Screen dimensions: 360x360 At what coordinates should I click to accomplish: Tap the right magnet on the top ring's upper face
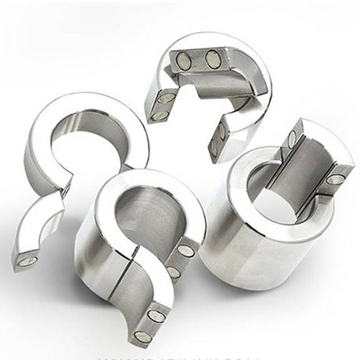point(213,58)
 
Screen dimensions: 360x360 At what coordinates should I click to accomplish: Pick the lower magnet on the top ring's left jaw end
point(158,115)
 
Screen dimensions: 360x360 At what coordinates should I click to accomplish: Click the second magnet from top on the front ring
point(174,272)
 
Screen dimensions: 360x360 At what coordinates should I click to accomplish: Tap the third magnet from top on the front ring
point(157,315)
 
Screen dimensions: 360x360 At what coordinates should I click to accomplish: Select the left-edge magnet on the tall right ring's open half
point(292,141)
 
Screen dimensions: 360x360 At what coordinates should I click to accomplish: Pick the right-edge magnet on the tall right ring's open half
point(335,179)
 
